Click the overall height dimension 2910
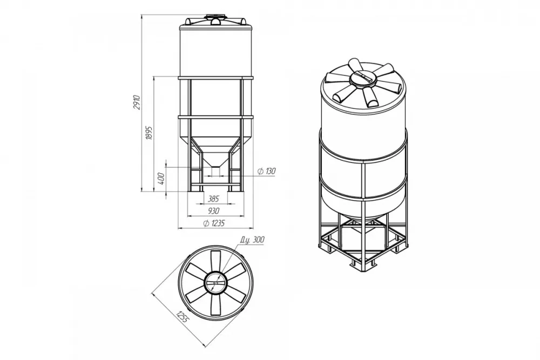tap(137, 102)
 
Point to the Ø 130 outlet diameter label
tap(267, 171)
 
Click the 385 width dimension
tap(213, 199)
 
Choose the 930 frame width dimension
tap(213, 210)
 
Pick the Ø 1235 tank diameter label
tap(214, 223)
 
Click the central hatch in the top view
tap(215, 283)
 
